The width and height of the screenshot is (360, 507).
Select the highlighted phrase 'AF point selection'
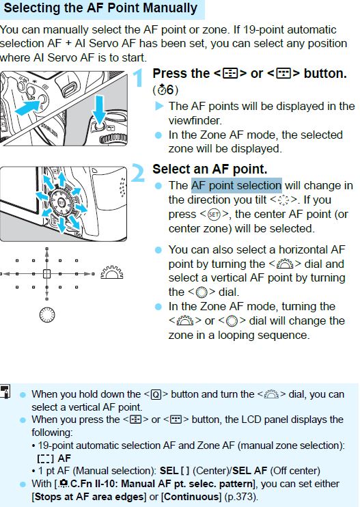pyautogui.click(x=236, y=185)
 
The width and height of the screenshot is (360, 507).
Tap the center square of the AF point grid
pyautogui.click(x=46, y=274)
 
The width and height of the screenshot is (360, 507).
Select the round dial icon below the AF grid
pyautogui.click(x=46, y=315)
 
